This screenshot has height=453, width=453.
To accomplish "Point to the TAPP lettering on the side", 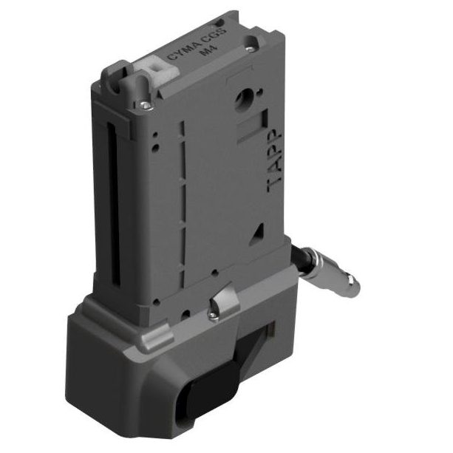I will (x=274, y=160).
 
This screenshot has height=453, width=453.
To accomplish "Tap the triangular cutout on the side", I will (x=256, y=231).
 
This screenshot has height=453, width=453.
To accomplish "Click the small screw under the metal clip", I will (x=213, y=318).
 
